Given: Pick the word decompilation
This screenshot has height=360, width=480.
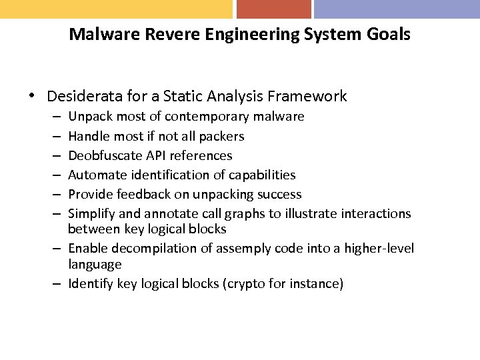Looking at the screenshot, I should [x=143, y=249].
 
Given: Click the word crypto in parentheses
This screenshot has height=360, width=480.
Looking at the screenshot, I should [x=251, y=284].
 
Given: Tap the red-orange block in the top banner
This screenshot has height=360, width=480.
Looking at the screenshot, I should [x=273, y=9].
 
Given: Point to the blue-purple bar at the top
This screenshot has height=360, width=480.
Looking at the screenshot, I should [x=397, y=9].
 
